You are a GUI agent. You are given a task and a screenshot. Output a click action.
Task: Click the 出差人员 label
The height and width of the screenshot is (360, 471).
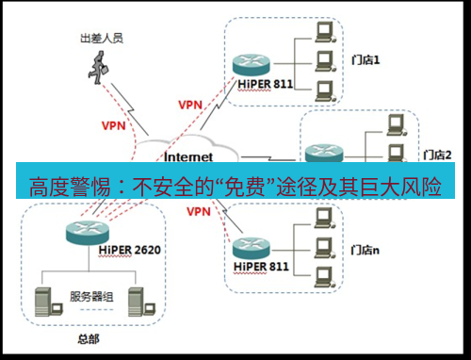(102, 40)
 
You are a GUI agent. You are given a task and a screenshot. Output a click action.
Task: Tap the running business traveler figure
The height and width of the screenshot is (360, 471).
(100, 68)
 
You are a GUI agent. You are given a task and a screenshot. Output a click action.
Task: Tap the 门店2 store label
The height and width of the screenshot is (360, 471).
(439, 155)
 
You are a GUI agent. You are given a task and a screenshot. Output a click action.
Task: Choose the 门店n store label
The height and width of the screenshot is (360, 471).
(365, 251)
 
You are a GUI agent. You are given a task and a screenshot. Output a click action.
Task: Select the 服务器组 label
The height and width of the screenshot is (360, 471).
(92, 297)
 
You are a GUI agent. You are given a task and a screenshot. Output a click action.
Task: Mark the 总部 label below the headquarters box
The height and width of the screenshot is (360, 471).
(87, 335)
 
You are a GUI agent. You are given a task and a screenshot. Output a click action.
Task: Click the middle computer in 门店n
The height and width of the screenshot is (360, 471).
(324, 247)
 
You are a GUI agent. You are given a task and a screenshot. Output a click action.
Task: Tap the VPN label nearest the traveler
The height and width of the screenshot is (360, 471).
(113, 124)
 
